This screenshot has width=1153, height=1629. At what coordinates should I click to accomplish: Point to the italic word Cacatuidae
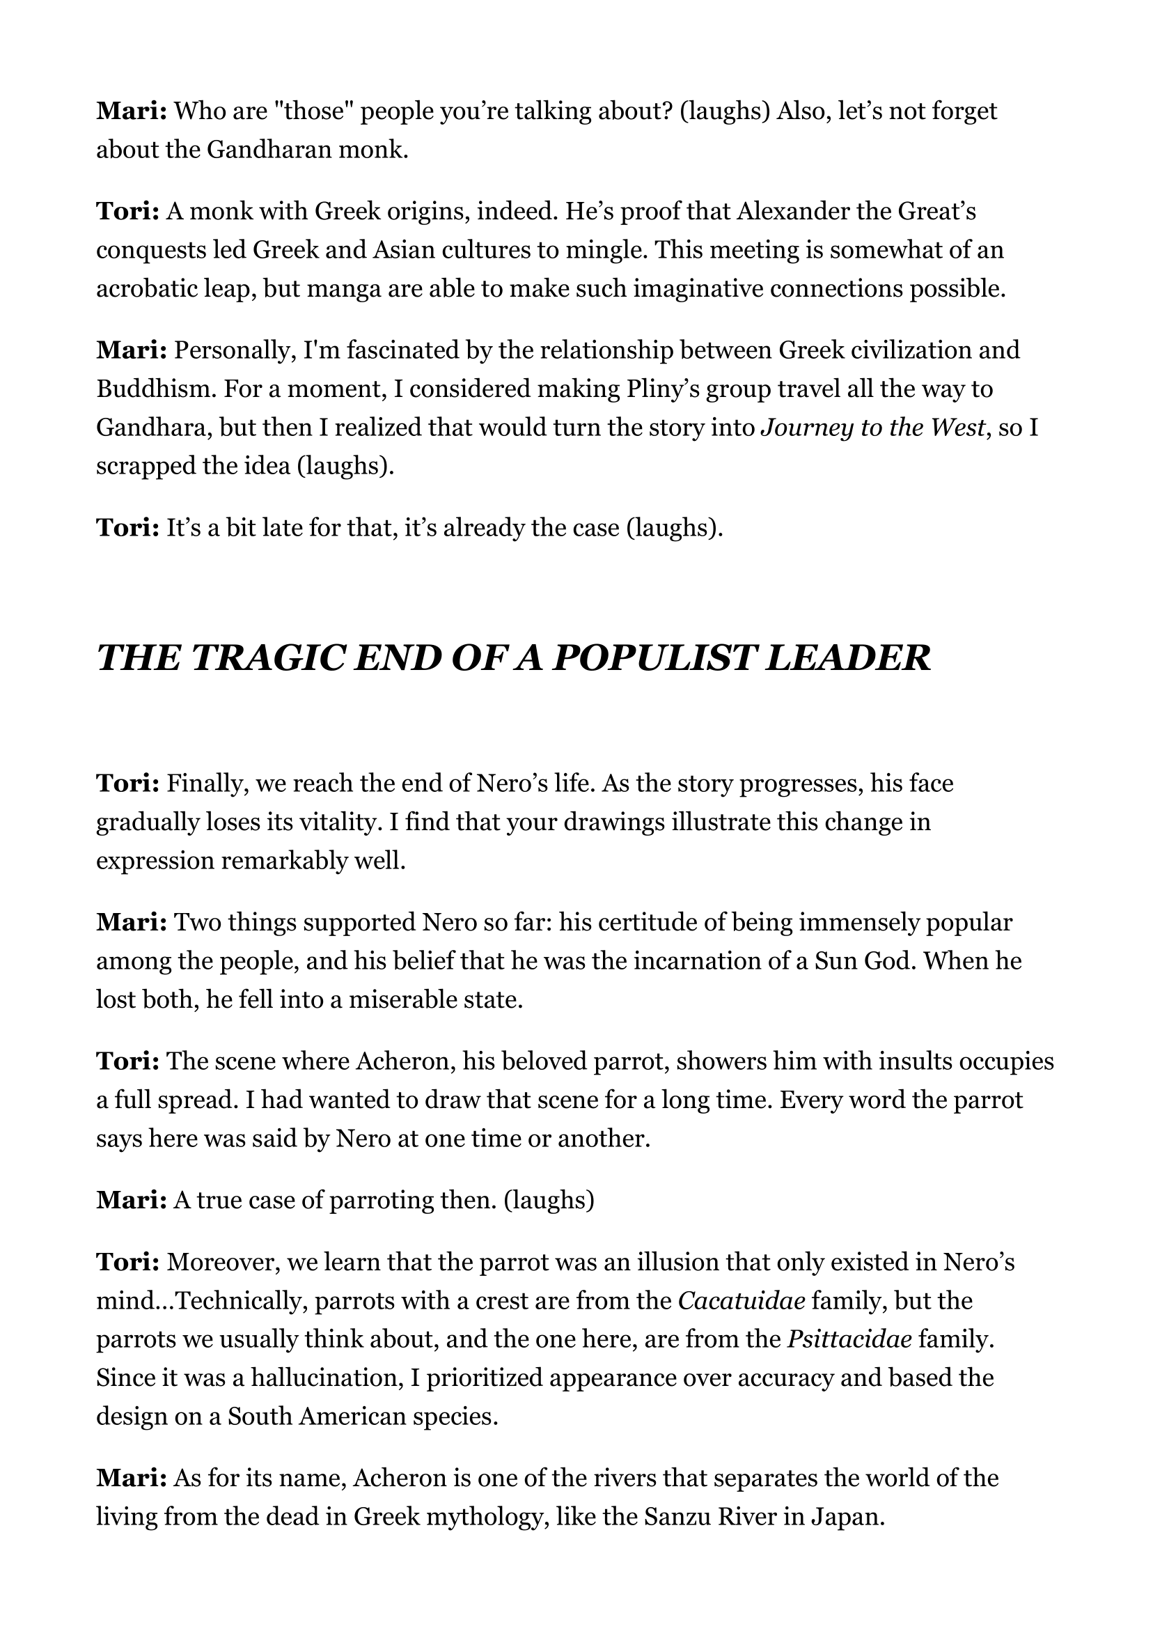742,1301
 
